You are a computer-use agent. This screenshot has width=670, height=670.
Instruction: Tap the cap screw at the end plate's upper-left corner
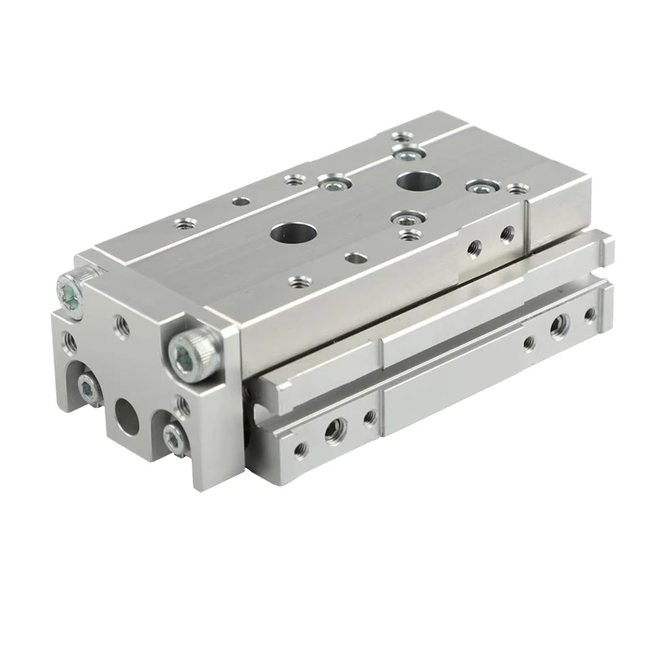coord(70,289)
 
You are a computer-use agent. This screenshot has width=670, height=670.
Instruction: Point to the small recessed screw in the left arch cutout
coord(86,385)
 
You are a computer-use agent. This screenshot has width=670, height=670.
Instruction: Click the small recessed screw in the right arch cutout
coord(173,434)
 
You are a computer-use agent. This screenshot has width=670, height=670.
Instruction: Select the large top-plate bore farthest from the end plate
coord(412,180)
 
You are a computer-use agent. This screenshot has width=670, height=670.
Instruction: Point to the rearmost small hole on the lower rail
coord(590,315)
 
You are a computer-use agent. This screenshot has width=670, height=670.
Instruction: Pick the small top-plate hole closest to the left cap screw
coord(180,223)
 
